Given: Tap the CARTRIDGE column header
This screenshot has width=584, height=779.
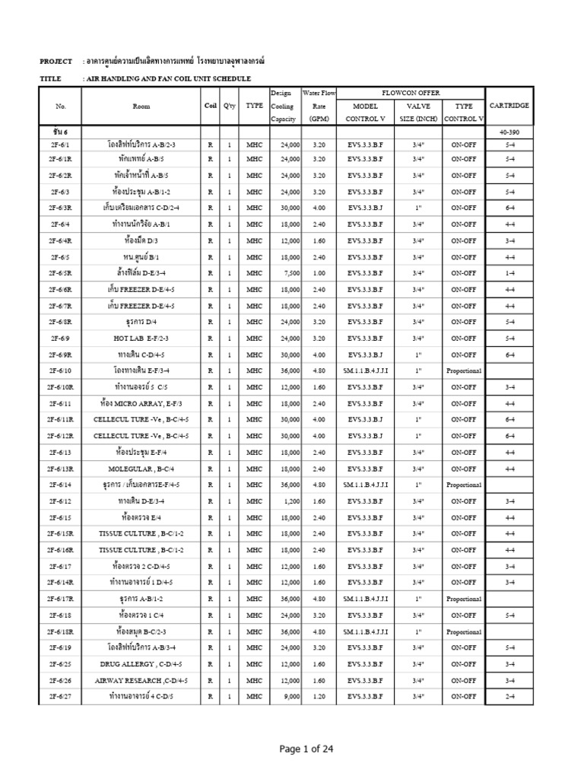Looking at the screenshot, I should (509, 105).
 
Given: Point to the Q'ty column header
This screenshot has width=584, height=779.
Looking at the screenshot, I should (228, 106).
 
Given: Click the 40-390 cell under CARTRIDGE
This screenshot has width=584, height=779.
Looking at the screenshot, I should (509, 132).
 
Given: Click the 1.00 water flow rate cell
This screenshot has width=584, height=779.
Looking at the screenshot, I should (318, 273).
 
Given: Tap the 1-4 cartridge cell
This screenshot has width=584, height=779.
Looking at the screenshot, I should (509, 273).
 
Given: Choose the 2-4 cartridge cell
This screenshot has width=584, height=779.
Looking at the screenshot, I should (509, 696).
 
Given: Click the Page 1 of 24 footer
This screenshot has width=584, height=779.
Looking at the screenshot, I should (306, 749).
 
